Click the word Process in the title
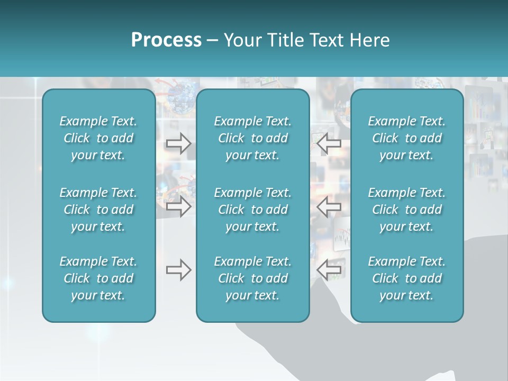(166, 40)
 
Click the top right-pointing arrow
(178, 143)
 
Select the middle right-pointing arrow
(178, 207)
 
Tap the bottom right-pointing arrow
(178, 270)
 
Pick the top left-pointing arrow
(329, 143)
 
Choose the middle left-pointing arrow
(329, 207)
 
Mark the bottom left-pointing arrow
(329, 270)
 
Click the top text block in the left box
(98, 138)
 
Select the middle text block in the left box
(98, 210)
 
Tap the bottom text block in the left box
(98, 278)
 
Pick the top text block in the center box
(252, 138)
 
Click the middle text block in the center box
(252, 210)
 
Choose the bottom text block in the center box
(252, 278)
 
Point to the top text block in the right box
(406, 138)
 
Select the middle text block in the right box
(406, 210)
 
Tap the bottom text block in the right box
(406, 278)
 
